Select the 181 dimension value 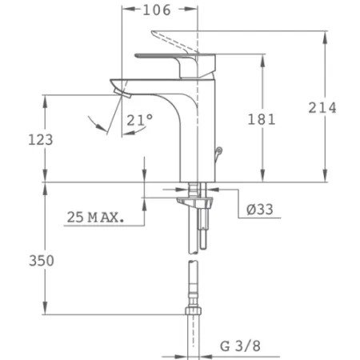tap(262, 119)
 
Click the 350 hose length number tap(41, 262)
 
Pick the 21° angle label tap(139, 119)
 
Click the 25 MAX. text tap(95, 217)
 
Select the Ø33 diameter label tap(260, 210)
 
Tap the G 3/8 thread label tap(241, 346)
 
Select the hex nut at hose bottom tap(192, 311)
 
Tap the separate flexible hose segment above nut tap(192, 280)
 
